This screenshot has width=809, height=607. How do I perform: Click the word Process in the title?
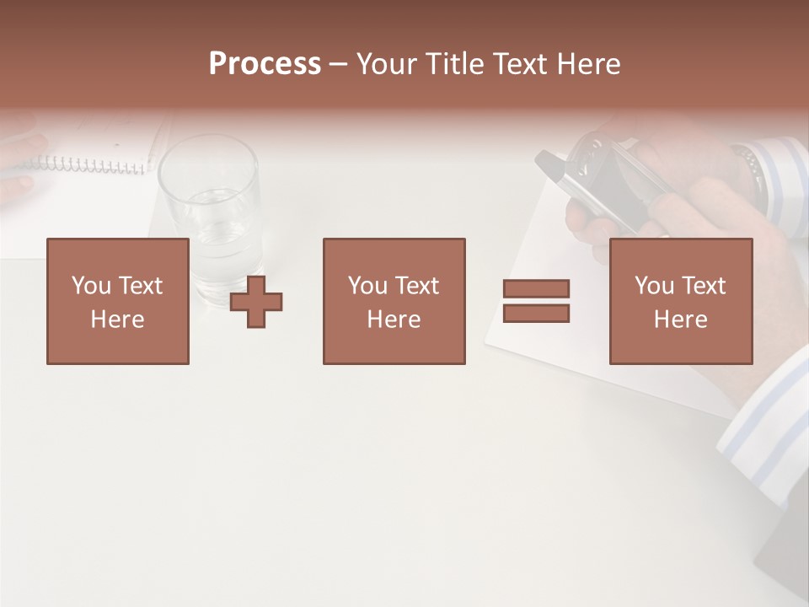tap(265, 64)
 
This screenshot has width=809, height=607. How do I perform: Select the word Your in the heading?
tap(388, 64)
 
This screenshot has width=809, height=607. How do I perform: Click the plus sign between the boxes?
tap(256, 302)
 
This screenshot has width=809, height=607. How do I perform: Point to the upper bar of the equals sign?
tap(536, 288)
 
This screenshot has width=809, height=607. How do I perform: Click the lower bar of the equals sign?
tap(536, 314)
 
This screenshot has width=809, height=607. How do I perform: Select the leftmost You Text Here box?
tap(118, 302)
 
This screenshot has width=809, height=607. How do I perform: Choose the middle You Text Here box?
tap(394, 302)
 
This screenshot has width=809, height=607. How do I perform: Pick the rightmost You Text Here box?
tap(681, 302)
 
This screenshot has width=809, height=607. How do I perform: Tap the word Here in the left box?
tap(118, 320)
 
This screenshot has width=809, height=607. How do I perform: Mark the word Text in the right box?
tap(704, 286)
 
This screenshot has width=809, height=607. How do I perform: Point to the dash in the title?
tap(339, 64)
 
